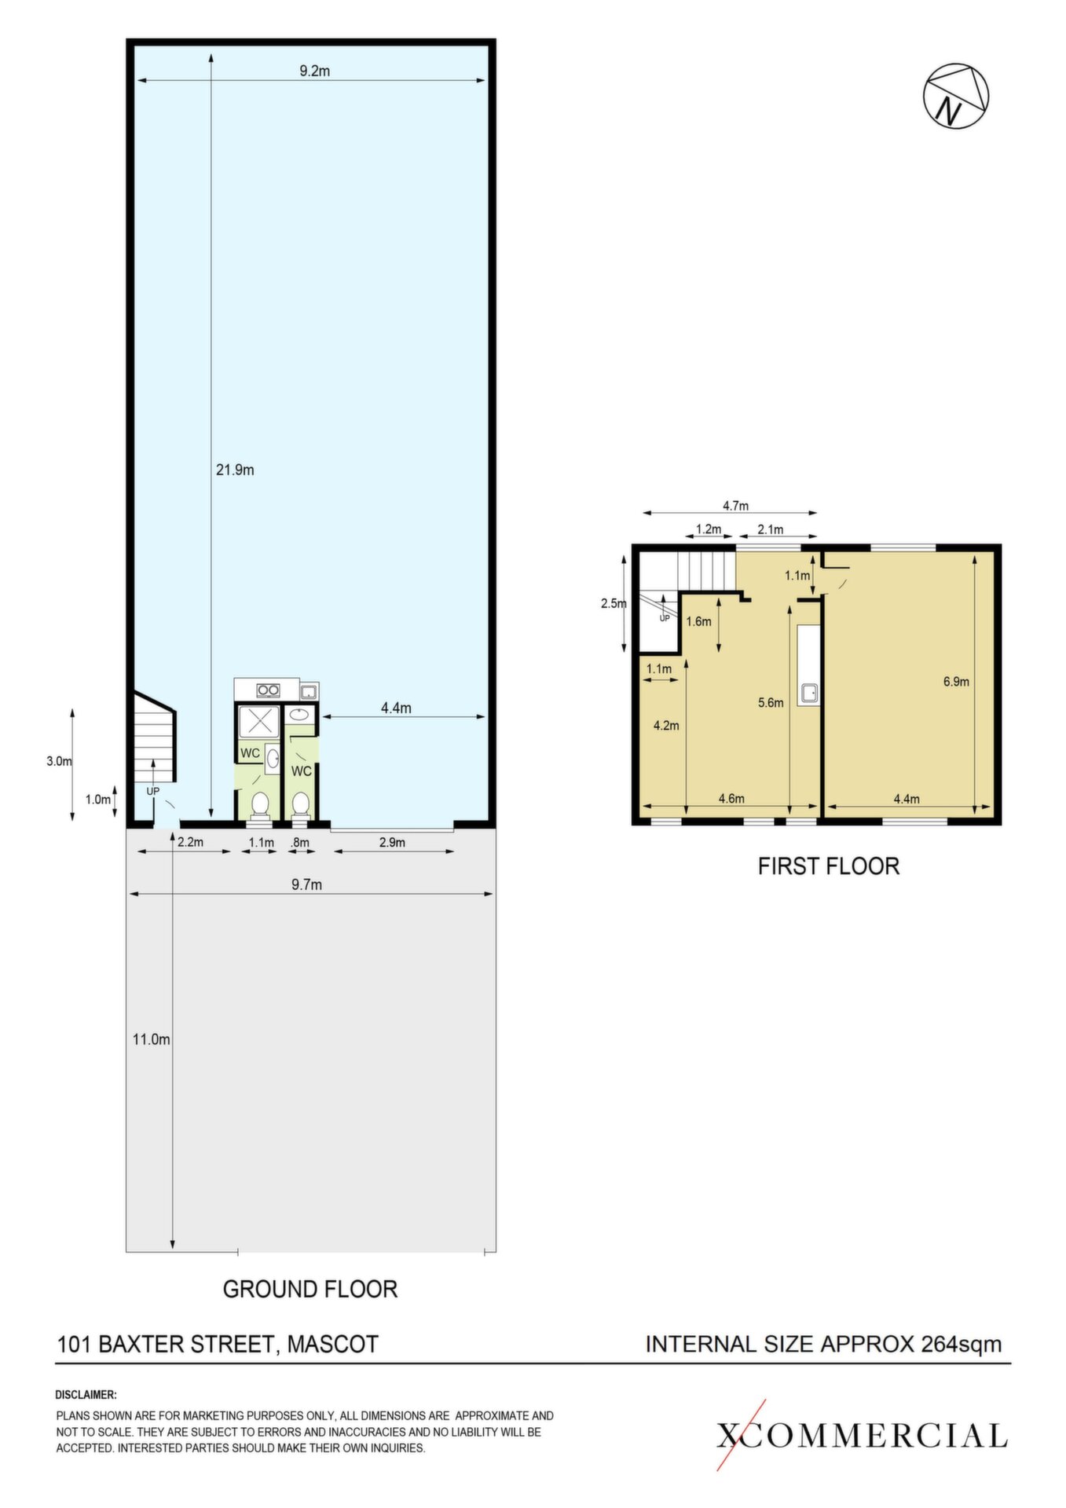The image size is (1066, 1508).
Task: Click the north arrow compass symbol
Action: [x=955, y=96]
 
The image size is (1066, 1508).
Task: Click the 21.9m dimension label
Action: [x=235, y=470]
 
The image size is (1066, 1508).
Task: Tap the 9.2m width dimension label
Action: [x=314, y=71]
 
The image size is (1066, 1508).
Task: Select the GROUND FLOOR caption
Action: [x=310, y=1289]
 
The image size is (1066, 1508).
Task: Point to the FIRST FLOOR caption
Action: [x=828, y=866]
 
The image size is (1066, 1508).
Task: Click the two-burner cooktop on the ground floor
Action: [x=269, y=690]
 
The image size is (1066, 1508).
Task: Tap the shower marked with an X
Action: [x=258, y=723]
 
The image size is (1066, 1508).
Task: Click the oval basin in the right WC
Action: [x=299, y=715]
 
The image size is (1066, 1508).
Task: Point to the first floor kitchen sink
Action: [x=808, y=693]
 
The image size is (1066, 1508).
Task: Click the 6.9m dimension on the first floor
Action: [x=956, y=682]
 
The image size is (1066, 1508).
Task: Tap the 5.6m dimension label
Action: [x=771, y=703]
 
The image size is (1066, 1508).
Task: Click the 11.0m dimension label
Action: [x=151, y=1039]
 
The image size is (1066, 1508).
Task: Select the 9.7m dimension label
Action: [x=306, y=884]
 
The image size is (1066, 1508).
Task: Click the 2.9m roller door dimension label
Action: [x=392, y=843]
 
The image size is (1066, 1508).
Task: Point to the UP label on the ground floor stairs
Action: [x=152, y=791]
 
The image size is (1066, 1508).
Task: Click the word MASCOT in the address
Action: [x=332, y=1344]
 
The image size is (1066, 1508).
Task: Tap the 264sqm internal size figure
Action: [x=962, y=1344]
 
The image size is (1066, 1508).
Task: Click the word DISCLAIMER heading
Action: [x=86, y=1395]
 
